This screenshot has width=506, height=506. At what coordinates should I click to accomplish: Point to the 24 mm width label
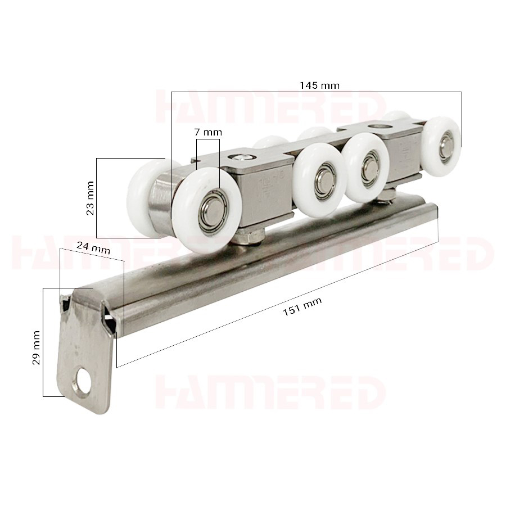93,247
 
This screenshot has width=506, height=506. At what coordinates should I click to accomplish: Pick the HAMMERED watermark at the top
270,107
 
